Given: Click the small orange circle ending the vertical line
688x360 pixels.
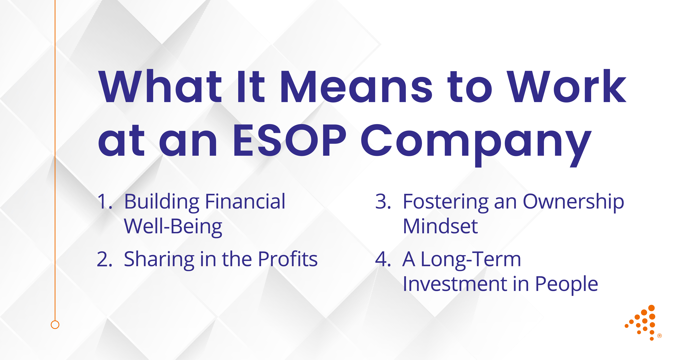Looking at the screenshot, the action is point(55,325).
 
